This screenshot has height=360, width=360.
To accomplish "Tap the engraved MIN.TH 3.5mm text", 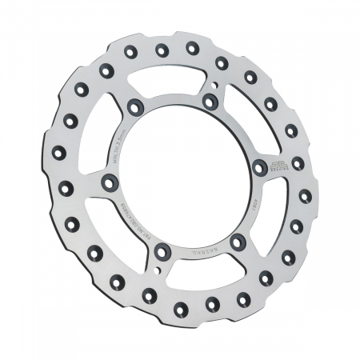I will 120,136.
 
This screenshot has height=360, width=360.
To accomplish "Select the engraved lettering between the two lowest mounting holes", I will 200,250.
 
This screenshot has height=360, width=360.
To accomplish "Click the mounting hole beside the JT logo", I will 259,166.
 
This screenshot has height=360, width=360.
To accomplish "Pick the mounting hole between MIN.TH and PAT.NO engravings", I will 108,182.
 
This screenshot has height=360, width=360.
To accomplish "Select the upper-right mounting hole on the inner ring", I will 210,102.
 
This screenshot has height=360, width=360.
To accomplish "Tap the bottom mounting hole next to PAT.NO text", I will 161,252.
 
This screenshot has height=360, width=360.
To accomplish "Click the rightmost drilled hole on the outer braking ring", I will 305,195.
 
